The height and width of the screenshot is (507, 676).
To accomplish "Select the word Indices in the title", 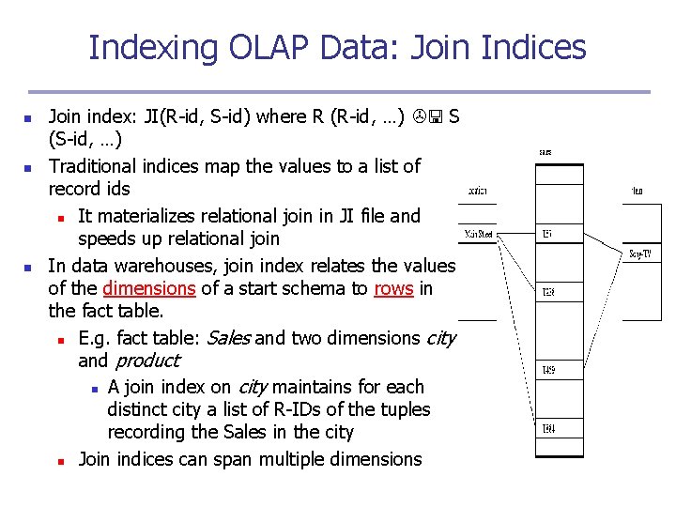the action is click(x=533, y=47).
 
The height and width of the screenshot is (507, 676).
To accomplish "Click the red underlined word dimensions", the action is click(x=149, y=288).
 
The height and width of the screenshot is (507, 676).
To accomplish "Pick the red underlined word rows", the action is click(x=393, y=288).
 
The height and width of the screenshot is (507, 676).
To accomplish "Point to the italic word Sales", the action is click(x=227, y=337).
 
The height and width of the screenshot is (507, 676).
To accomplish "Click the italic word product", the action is click(x=146, y=361).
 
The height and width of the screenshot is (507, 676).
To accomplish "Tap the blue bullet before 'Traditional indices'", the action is click(x=29, y=167).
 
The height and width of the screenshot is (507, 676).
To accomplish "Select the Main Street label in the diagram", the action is click(x=479, y=235).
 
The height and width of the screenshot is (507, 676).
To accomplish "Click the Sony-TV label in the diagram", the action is click(x=640, y=253).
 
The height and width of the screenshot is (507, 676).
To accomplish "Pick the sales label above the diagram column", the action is click(x=545, y=151).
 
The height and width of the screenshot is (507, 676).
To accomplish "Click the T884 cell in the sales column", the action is click(x=548, y=429).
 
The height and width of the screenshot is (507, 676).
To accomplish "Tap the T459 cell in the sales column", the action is click(x=548, y=371).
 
